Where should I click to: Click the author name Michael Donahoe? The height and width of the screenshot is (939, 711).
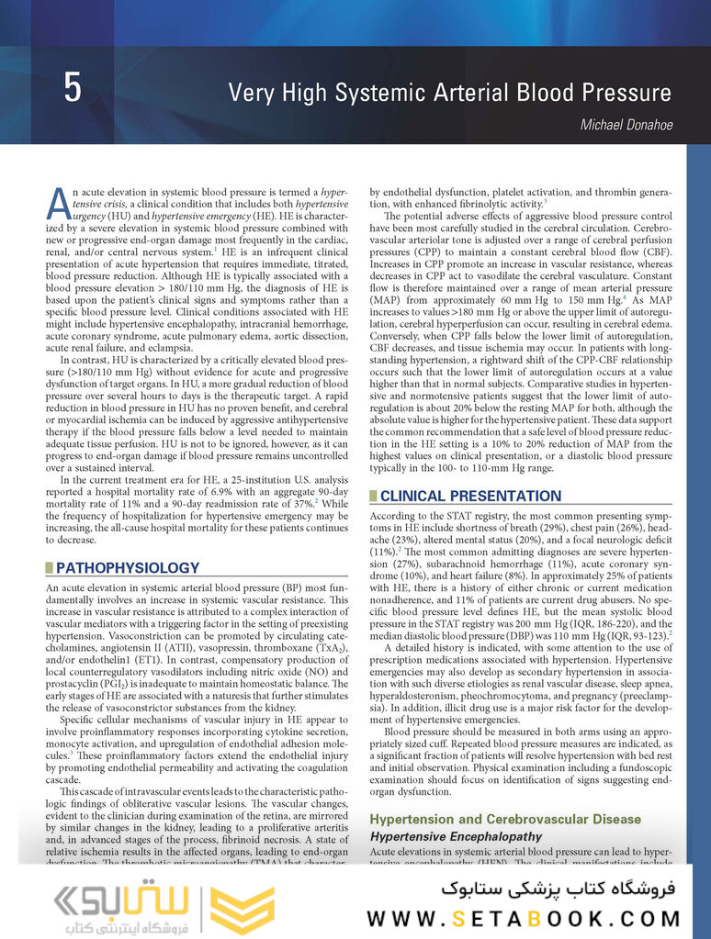tap(626, 125)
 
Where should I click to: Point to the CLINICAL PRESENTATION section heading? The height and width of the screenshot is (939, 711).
tap(470, 496)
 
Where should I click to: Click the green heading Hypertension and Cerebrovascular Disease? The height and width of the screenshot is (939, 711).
tap(505, 819)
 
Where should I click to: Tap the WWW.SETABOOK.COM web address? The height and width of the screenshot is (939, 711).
tap(524, 918)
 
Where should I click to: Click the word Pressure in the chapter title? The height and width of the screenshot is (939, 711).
tap(623, 93)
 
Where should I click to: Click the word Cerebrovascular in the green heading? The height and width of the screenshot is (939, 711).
tap(534, 819)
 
